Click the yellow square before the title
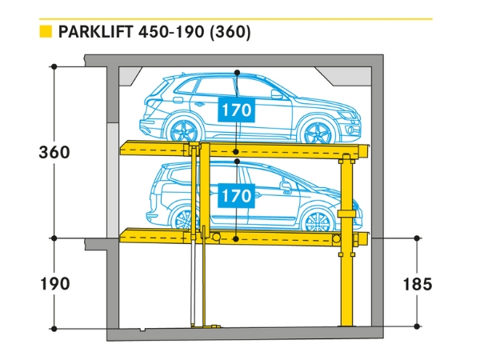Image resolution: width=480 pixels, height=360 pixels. click(x=46, y=33)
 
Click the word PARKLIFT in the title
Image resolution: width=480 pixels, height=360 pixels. click(x=96, y=33)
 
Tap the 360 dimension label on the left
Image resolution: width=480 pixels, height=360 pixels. click(x=54, y=152)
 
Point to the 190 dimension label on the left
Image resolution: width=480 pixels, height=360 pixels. click(x=54, y=283)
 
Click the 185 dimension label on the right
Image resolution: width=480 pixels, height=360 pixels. click(x=417, y=283)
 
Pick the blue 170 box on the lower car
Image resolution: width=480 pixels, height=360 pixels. click(x=237, y=194)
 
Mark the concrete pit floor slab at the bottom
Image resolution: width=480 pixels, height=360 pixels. click(x=240, y=334)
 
